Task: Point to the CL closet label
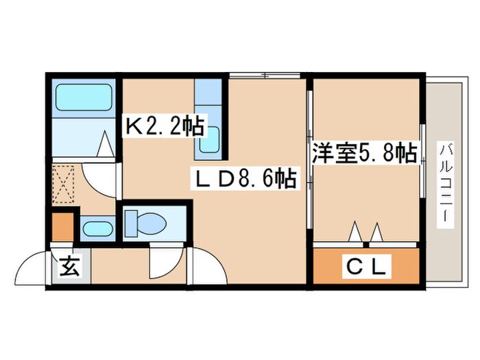(366, 265)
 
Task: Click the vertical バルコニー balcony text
(446, 180)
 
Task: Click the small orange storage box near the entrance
(62, 226)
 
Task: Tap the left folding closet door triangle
(356, 232)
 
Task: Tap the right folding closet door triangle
(376, 232)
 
